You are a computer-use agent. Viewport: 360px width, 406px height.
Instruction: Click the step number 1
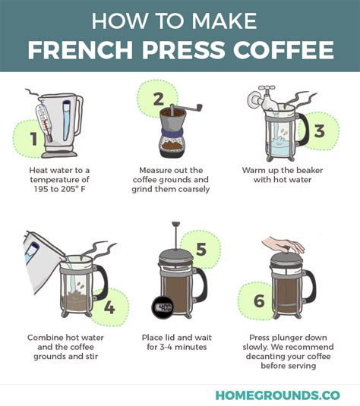click(33, 139)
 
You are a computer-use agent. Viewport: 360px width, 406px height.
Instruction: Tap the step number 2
click(158, 98)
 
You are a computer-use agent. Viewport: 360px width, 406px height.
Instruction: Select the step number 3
click(319, 131)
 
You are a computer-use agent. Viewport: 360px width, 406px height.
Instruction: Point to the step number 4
click(109, 307)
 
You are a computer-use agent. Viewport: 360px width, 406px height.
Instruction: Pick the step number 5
click(201, 250)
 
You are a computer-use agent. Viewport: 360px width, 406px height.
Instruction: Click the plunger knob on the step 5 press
click(175, 224)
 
